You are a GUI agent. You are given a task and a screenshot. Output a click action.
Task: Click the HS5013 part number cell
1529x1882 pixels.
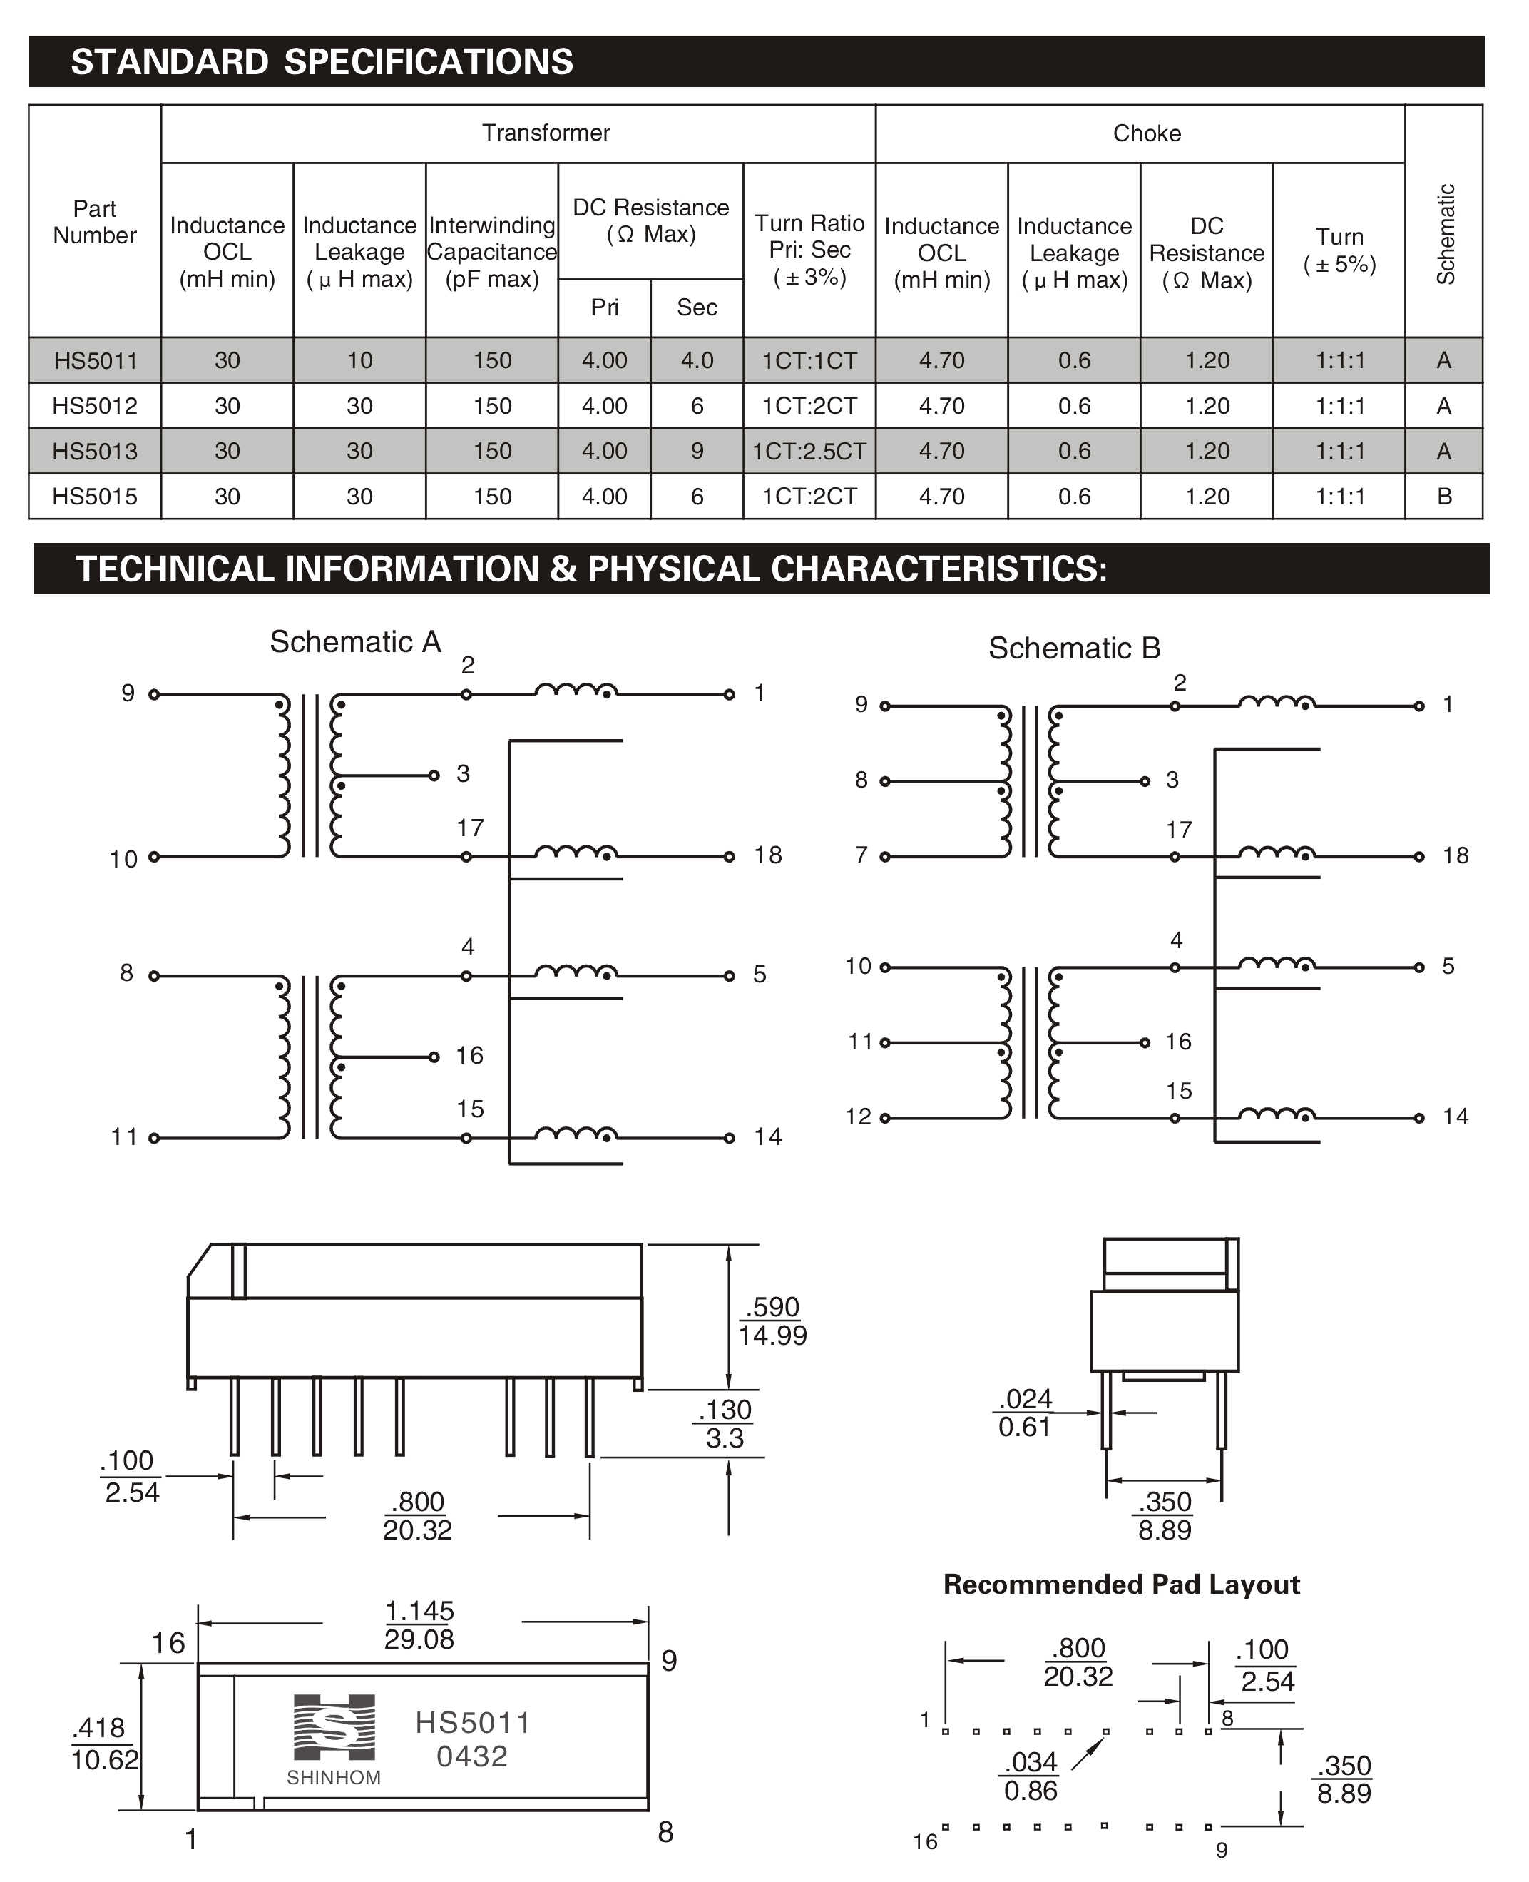coord(94,451)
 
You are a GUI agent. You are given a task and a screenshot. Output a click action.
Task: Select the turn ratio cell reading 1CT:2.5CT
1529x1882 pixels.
coord(809,451)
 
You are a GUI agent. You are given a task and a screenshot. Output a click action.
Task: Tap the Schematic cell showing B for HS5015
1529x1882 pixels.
coord(1443,496)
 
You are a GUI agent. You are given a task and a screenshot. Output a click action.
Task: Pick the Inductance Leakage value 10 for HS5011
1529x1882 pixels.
coord(359,360)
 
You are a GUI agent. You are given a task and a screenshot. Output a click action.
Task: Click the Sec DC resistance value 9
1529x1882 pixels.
coord(697,451)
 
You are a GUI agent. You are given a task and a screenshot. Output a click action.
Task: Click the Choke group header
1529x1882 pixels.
coord(1146,133)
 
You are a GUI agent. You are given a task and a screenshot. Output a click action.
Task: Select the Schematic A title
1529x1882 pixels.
coord(355,641)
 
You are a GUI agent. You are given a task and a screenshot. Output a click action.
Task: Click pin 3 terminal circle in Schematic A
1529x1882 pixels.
coord(434,775)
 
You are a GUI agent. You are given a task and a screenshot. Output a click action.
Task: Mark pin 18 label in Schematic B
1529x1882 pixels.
coord(1455,855)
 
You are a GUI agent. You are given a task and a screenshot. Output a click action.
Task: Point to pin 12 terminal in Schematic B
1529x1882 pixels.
coord(885,1118)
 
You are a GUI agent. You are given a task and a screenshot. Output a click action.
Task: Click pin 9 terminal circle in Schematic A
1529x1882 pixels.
coord(154,694)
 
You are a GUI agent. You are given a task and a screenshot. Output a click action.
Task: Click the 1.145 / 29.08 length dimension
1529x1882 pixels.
coord(419,1624)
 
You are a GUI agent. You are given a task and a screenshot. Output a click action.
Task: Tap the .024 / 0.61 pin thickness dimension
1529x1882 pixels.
coord(1026,1413)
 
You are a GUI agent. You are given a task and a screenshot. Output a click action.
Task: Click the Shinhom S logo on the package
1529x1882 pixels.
coord(334,1727)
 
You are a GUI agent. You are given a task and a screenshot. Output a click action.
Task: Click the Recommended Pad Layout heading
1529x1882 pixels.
coord(1121,1585)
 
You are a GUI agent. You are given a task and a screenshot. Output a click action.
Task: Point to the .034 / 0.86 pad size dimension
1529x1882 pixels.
coord(1031,1776)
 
